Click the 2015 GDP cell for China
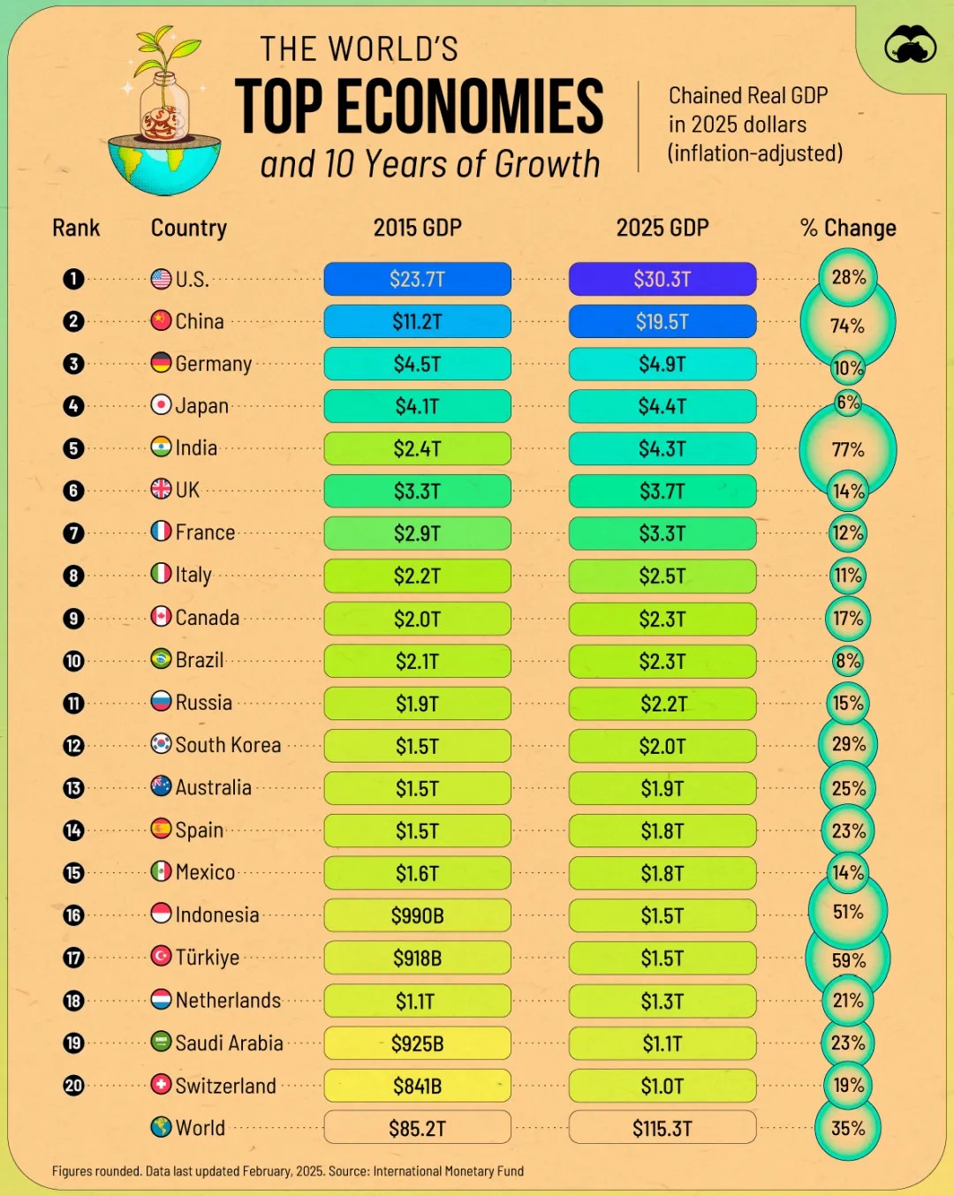417,321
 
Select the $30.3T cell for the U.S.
662,278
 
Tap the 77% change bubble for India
848,449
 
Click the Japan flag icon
161,404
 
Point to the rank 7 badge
73,533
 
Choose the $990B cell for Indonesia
417,914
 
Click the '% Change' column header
848,228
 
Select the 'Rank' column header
76,228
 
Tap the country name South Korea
228,745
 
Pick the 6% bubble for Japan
848,402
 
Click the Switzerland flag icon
161,1084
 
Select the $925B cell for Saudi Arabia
417,1042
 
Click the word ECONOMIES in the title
470,106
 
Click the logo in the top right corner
910,44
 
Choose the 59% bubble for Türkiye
848,959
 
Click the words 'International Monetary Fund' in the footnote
449,1171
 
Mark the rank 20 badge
73,1085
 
